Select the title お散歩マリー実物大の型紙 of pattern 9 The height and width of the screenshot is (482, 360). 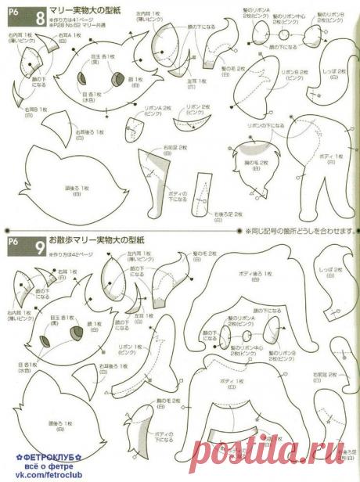(87, 243)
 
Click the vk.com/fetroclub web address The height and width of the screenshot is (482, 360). (36, 475)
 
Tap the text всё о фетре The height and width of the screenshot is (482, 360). (36, 465)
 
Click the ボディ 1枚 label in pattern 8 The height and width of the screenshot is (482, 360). (332, 156)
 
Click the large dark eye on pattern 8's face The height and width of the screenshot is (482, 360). (117, 81)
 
